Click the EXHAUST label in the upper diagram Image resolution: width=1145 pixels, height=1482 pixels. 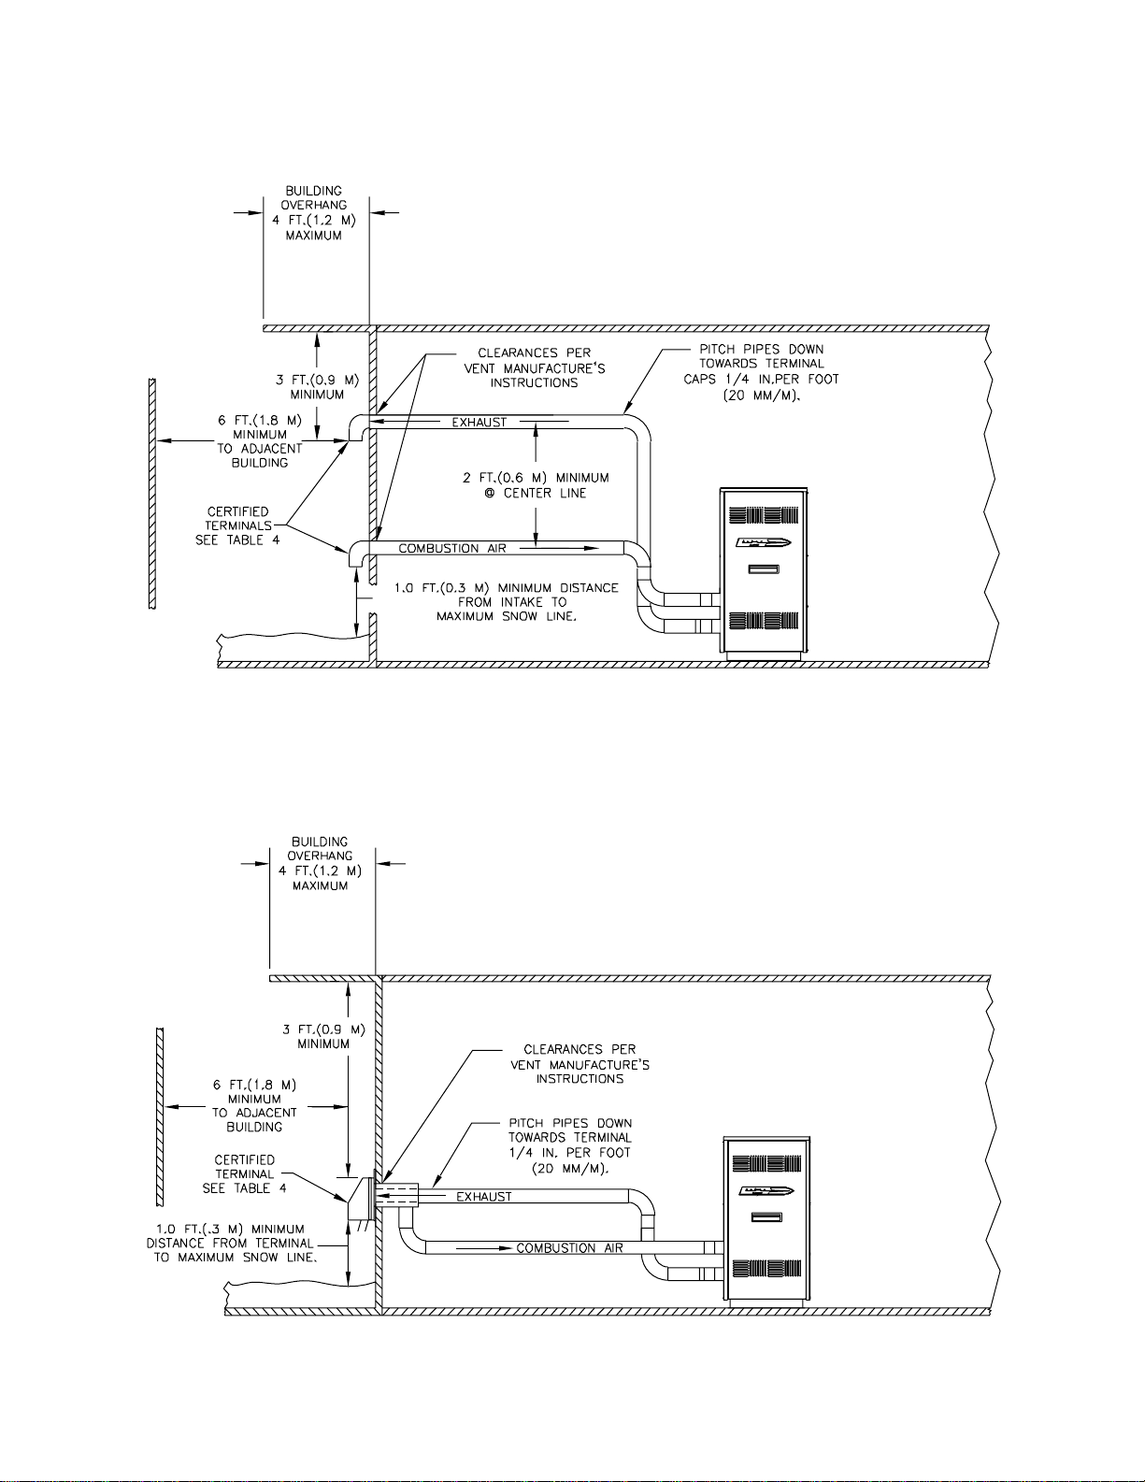tap(479, 423)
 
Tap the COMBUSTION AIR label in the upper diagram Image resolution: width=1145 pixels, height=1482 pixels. tap(452, 548)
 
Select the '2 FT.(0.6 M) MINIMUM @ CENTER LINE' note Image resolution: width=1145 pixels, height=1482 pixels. tap(536, 485)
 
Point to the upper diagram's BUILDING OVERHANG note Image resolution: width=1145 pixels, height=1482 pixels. tap(314, 213)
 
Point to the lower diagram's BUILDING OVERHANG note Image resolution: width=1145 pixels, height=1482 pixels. tap(321, 863)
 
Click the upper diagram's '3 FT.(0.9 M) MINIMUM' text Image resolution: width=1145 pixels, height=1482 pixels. tap(317, 387)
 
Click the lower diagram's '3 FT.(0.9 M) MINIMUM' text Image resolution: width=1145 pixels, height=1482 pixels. tap(323, 1037)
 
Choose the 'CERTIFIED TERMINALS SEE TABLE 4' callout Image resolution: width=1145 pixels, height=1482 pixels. tap(237, 525)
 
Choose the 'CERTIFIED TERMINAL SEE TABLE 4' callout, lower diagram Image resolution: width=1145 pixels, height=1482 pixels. tap(245, 1174)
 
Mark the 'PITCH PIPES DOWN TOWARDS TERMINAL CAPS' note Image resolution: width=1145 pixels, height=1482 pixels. tap(761, 372)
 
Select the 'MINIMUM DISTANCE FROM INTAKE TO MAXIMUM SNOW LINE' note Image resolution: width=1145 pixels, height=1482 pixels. tap(507, 602)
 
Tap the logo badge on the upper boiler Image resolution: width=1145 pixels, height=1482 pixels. tap(764, 543)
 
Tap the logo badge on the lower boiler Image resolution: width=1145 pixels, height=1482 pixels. tap(766, 1191)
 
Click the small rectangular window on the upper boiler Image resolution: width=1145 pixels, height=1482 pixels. tap(764, 569)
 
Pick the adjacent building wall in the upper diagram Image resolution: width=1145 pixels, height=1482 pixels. tap(152, 494)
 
